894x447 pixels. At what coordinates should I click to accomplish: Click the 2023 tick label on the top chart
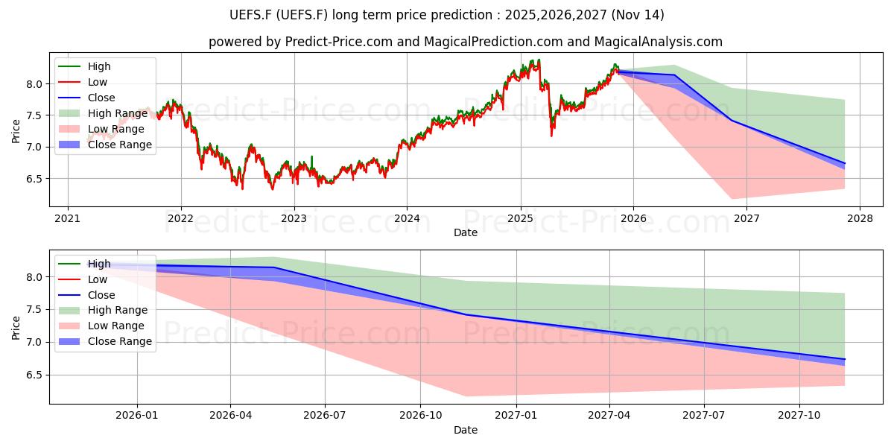click(294, 218)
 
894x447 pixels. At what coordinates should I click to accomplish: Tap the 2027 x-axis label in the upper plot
click(746, 218)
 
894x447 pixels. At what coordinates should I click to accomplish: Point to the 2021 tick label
click(68, 218)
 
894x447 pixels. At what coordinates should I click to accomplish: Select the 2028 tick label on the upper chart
click(860, 218)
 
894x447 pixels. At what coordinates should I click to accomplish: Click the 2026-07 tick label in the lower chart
click(325, 416)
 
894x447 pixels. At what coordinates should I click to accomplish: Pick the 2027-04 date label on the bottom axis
click(609, 416)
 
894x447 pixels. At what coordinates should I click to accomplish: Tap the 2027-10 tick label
click(799, 416)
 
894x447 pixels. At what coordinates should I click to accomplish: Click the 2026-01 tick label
click(137, 416)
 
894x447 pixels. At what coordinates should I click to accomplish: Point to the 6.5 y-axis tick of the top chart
click(34, 179)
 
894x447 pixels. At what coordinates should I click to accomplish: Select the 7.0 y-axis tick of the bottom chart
click(34, 343)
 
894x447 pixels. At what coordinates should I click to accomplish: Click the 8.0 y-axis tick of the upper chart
click(34, 84)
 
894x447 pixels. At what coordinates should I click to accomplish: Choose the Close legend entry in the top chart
click(101, 98)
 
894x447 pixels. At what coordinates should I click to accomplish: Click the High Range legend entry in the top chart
click(118, 113)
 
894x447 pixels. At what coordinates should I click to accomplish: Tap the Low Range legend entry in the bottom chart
click(115, 326)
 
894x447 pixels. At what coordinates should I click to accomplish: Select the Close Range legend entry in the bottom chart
click(120, 341)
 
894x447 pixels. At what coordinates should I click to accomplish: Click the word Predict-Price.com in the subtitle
click(339, 42)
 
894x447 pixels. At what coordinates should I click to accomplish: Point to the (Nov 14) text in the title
click(638, 15)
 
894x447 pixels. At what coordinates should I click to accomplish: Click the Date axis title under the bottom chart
click(466, 430)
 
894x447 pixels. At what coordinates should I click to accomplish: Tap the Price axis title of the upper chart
click(16, 131)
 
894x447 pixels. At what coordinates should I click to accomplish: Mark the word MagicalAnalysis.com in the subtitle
click(658, 42)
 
